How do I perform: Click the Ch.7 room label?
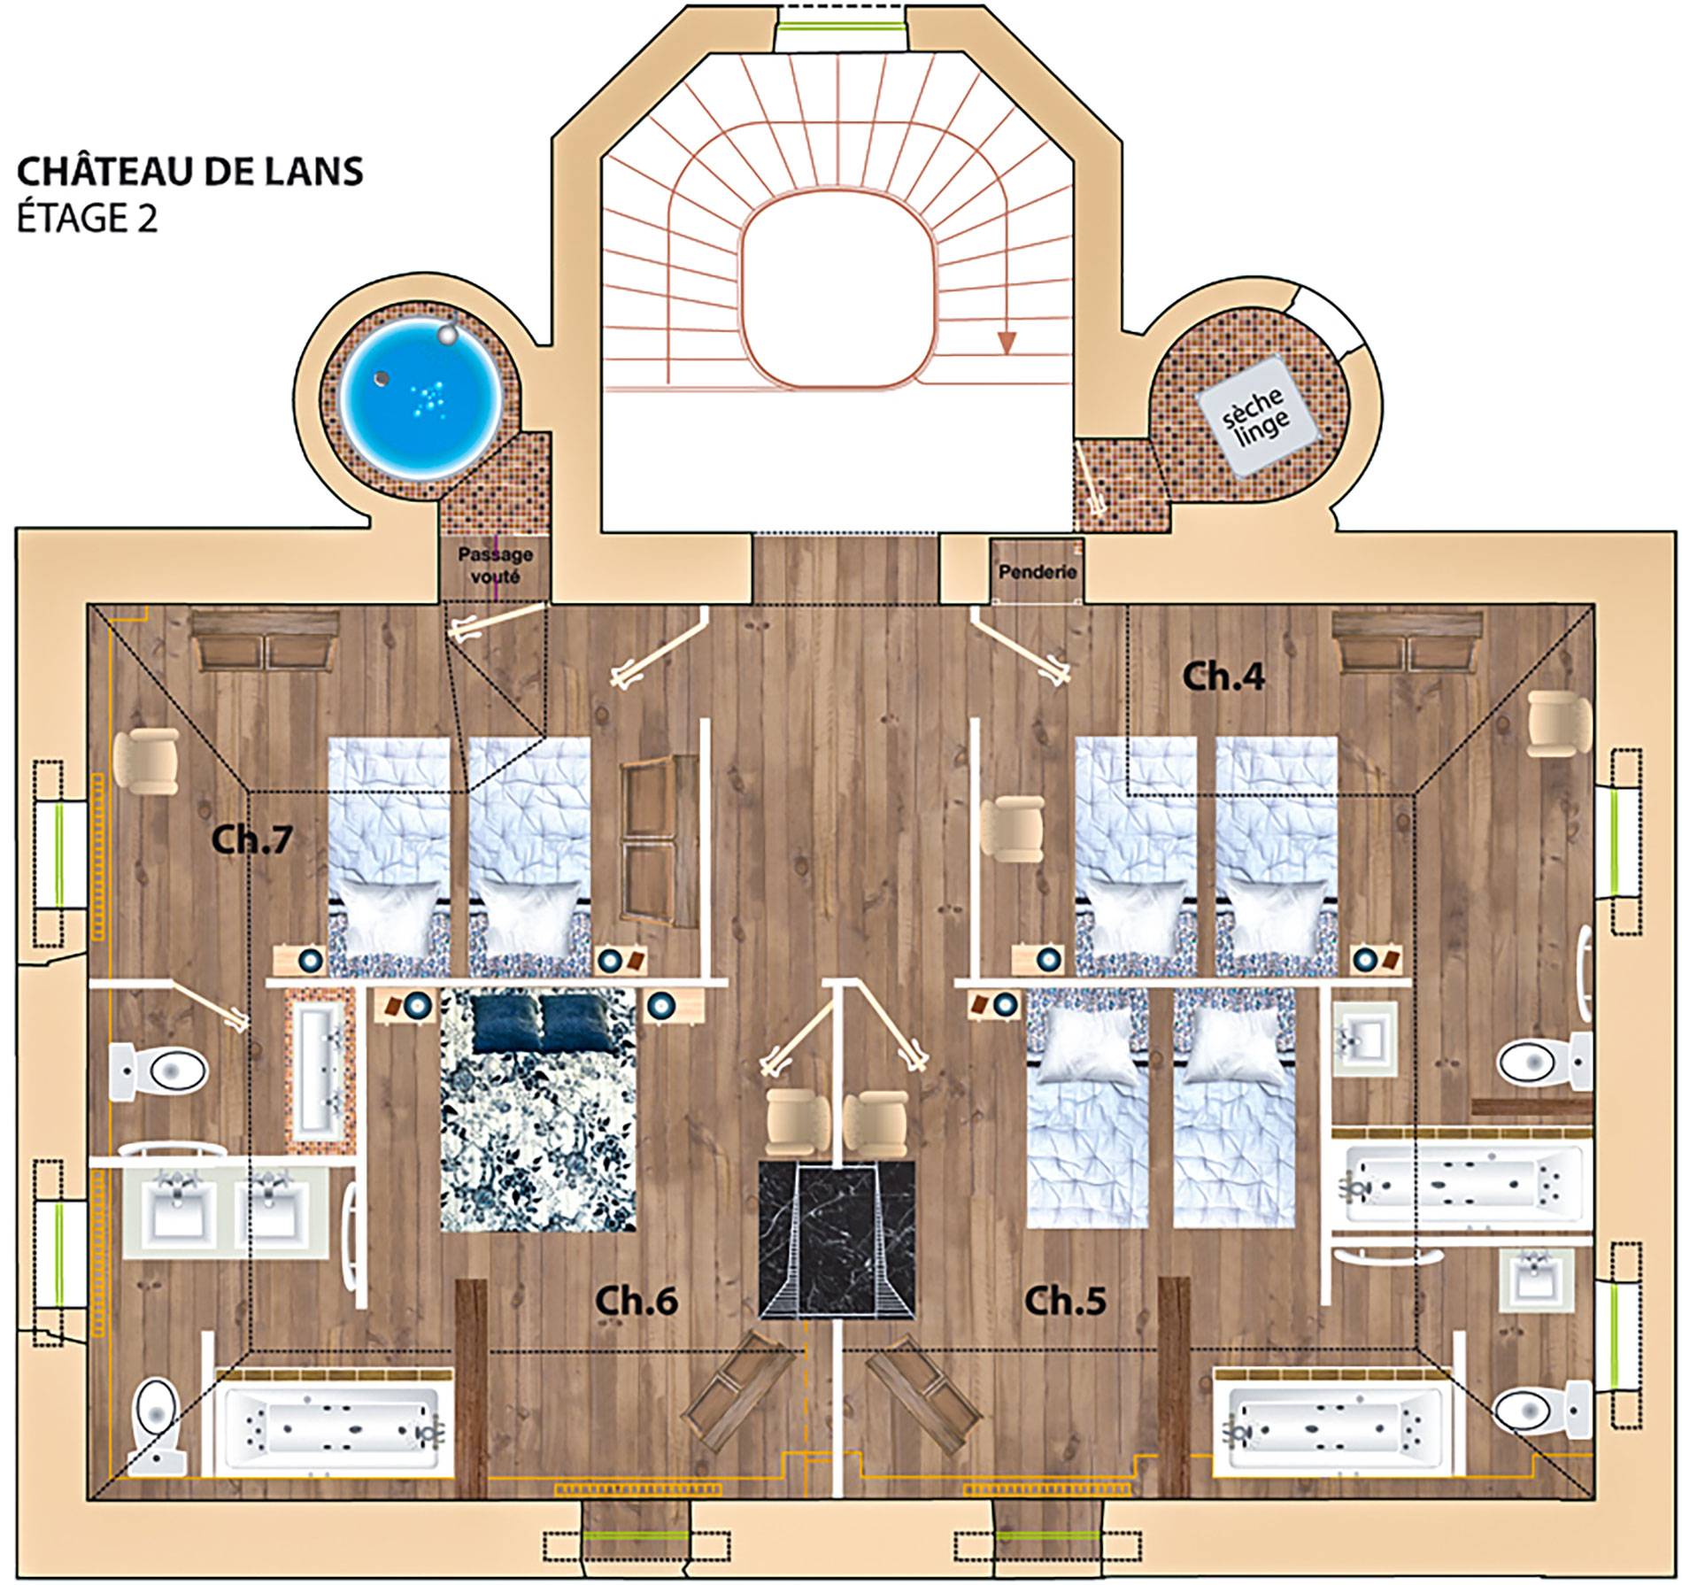(x=252, y=839)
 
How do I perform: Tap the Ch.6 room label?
(x=637, y=1301)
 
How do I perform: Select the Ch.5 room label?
(x=1065, y=1301)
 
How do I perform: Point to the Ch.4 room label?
(x=1224, y=677)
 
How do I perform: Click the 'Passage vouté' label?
(x=495, y=565)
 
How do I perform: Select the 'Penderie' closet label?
(x=1038, y=572)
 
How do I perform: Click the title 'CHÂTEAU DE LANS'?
(x=190, y=172)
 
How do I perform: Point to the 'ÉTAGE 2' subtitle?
(x=88, y=218)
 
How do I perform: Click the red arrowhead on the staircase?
(x=1006, y=343)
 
